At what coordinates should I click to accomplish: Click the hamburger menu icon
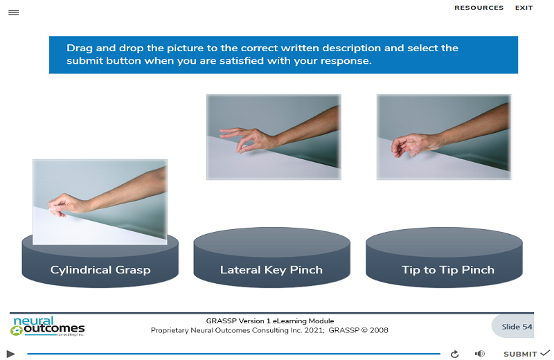point(13,12)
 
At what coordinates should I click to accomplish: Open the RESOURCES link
point(479,8)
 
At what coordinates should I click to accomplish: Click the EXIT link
point(524,8)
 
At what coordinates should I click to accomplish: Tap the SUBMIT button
point(526,354)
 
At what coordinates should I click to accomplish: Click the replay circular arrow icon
point(455,354)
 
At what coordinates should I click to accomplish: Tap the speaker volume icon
point(479,354)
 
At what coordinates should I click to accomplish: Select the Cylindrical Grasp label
point(100,270)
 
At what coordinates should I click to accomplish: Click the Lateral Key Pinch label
point(271,270)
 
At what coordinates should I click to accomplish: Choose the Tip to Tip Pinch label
point(447,270)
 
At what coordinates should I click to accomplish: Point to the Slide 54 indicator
point(517,327)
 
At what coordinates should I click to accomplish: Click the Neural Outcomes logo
point(48,326)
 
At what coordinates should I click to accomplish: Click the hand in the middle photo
point(247,139)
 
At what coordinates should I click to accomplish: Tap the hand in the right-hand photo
point(413,145)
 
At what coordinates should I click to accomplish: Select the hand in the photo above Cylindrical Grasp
point(67,204)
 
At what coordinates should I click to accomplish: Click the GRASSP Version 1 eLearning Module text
point(270,321)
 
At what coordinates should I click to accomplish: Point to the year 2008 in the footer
point(379,330)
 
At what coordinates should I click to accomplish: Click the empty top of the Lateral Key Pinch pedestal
point(271,242)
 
